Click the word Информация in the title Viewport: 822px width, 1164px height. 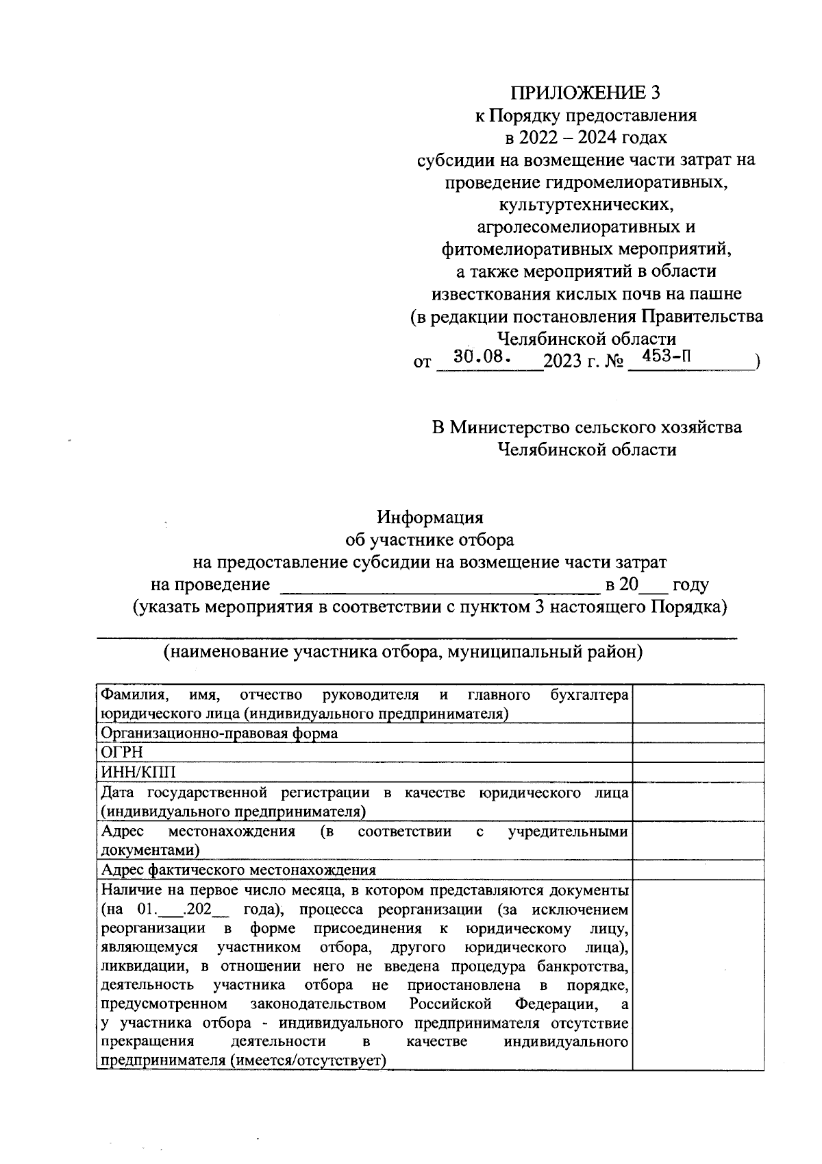click(432, 517)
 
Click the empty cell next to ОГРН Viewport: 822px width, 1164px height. click(697, 753)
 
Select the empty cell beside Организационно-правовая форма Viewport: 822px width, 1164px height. click(697, 733)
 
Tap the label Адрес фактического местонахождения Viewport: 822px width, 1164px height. click(238, 870)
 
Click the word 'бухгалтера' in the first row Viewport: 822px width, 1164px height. click(590, 695)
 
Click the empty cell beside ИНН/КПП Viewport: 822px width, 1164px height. click(697, 773)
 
